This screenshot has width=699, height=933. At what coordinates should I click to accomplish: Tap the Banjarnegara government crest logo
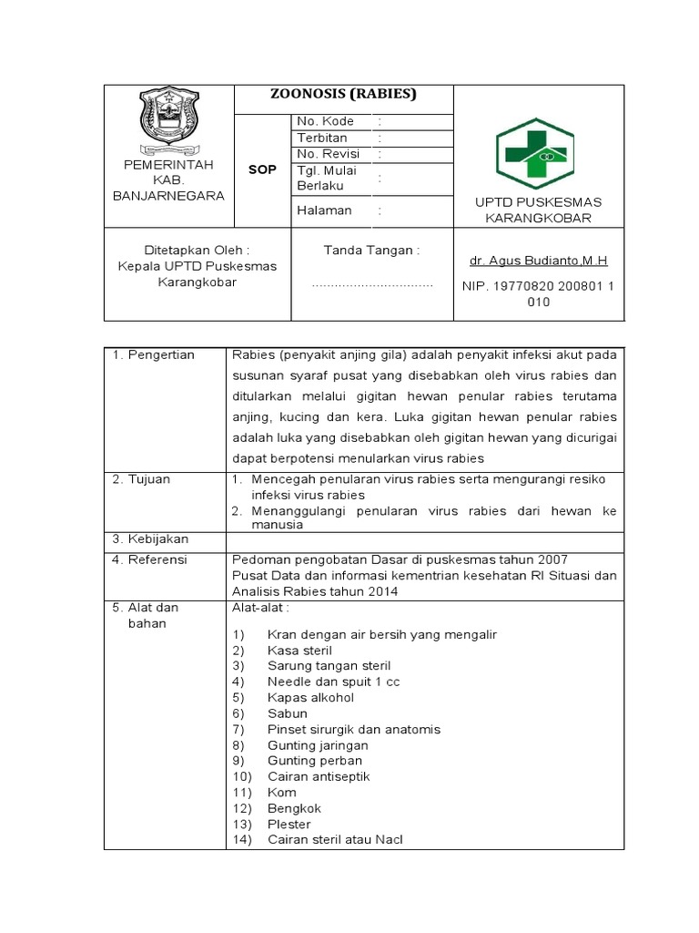167,121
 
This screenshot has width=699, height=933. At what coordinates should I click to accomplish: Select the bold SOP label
262,170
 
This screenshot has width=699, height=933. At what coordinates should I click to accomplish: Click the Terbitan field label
322,138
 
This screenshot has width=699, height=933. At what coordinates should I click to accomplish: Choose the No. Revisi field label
329,154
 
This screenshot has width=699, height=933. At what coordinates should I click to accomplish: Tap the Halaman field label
324,210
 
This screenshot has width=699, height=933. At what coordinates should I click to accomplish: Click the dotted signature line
372,285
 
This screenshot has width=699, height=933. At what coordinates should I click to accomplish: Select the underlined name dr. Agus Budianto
538,261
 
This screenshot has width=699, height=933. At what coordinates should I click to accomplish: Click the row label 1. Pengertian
154,354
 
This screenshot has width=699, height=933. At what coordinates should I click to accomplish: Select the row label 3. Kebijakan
150,538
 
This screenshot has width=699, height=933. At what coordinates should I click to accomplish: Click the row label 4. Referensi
150,559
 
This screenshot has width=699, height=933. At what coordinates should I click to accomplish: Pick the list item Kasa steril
299,651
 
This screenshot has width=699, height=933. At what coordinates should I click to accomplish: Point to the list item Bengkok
294,808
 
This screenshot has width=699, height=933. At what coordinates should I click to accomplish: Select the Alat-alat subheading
261,607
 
